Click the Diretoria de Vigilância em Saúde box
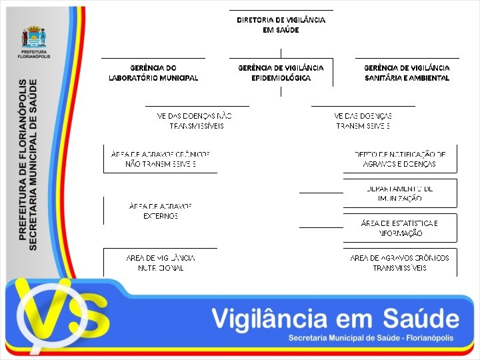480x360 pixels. coord(281,25)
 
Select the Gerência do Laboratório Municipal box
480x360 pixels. coord(153,73)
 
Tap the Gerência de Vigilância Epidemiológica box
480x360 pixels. coord(281,73)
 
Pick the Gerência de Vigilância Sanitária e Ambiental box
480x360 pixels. coord(407,73)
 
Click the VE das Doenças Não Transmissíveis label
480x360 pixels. coord(195,120)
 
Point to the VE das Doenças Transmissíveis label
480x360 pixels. coord(363,120)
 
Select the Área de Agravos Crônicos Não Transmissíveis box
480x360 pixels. coord(161,159)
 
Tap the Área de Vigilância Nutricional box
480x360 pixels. coord(161,262)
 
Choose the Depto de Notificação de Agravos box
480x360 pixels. coord(400,159)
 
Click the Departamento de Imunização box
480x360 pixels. coord(400,193)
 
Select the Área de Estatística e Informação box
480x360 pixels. coord(400,228)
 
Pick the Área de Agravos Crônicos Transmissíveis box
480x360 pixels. coord(400,262)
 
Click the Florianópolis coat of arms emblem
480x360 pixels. coord(34,37)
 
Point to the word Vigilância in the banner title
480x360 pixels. coord(280,319)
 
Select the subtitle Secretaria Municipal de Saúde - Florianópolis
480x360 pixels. coord(370,338)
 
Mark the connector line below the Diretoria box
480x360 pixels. coord(281,53)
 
